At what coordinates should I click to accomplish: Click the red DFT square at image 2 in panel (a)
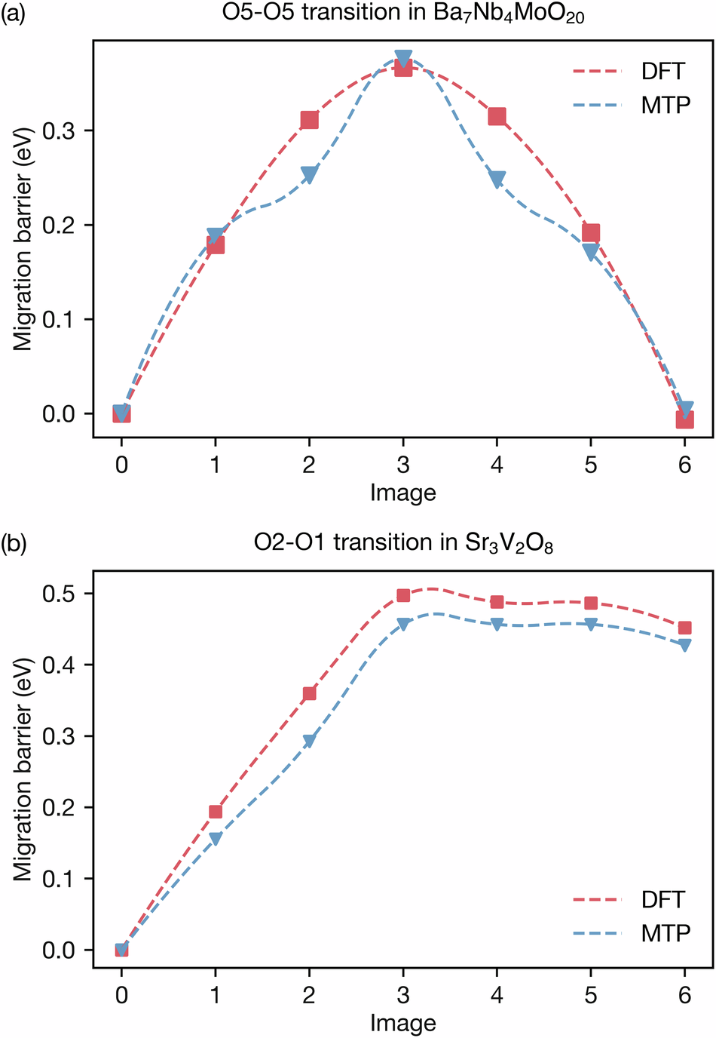pyautogui.click(x=309, y=120)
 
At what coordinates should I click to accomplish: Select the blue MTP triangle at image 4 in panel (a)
pyautogui.click(x=497, y=179)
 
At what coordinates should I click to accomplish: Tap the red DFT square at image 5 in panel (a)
pyautogui.click(x=591, y=232)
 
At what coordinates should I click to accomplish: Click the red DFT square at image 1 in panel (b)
pyautogui.click(x=216, y=812)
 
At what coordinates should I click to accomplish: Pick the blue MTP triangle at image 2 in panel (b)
pyautogui.click(x=309, y=741)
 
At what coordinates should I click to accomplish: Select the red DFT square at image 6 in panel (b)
pyautogui.click(x=684, y=628)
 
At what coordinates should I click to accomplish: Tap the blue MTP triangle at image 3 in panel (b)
pyautogui.click(x=403, y=624)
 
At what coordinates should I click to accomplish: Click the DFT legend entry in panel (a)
pyautogui.click(x=629, y=72)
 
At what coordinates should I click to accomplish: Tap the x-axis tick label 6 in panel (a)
pyautogui.click(x=684, y=464)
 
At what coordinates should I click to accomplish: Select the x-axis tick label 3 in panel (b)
pyautogui.click(x=403, y=995)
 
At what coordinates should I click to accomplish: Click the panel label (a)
pyautogui.click(x=13, y=14)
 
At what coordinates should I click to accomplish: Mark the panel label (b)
pyautogui.click(x=13, y=543)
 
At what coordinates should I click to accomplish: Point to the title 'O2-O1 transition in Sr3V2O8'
pyautogui.click(x=403, y=544)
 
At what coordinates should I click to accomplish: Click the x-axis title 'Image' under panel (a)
pyautogui.click(x=403, y=493)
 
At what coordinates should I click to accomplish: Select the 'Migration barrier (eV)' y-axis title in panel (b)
pyautogui.click(x=23, y=769)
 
